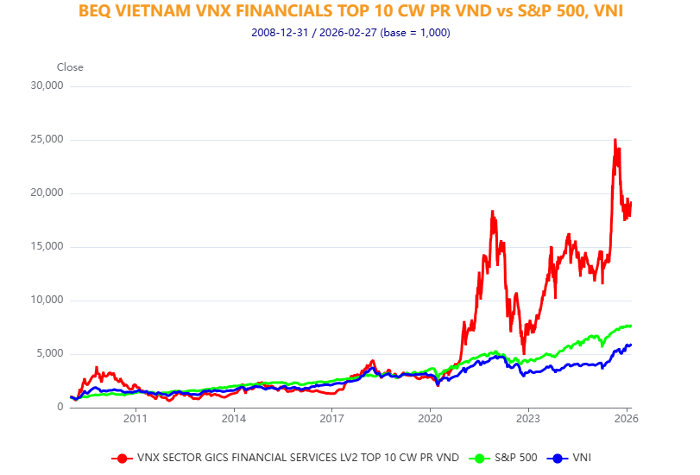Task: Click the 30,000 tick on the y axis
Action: tap(47, 85)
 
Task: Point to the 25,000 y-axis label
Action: tap(47, 139)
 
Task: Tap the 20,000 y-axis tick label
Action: tap(47, 193)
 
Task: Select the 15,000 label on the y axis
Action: tap(47, 246)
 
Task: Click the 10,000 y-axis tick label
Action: tap(47, 300)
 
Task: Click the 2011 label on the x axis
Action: tap(136, 419)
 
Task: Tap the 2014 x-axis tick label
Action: tap(233, 419)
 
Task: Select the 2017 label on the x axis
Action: tap(331, 419)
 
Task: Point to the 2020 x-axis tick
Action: tap(430, 419)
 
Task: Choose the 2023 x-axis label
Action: tap(528, 419)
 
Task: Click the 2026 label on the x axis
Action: tap(626, 419)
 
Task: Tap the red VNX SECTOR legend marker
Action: tap(122, 458)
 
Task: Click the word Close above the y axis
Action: tap(70, 67)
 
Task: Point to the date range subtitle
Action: tap(350, 33)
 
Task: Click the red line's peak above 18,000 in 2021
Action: tap(492, 211)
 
